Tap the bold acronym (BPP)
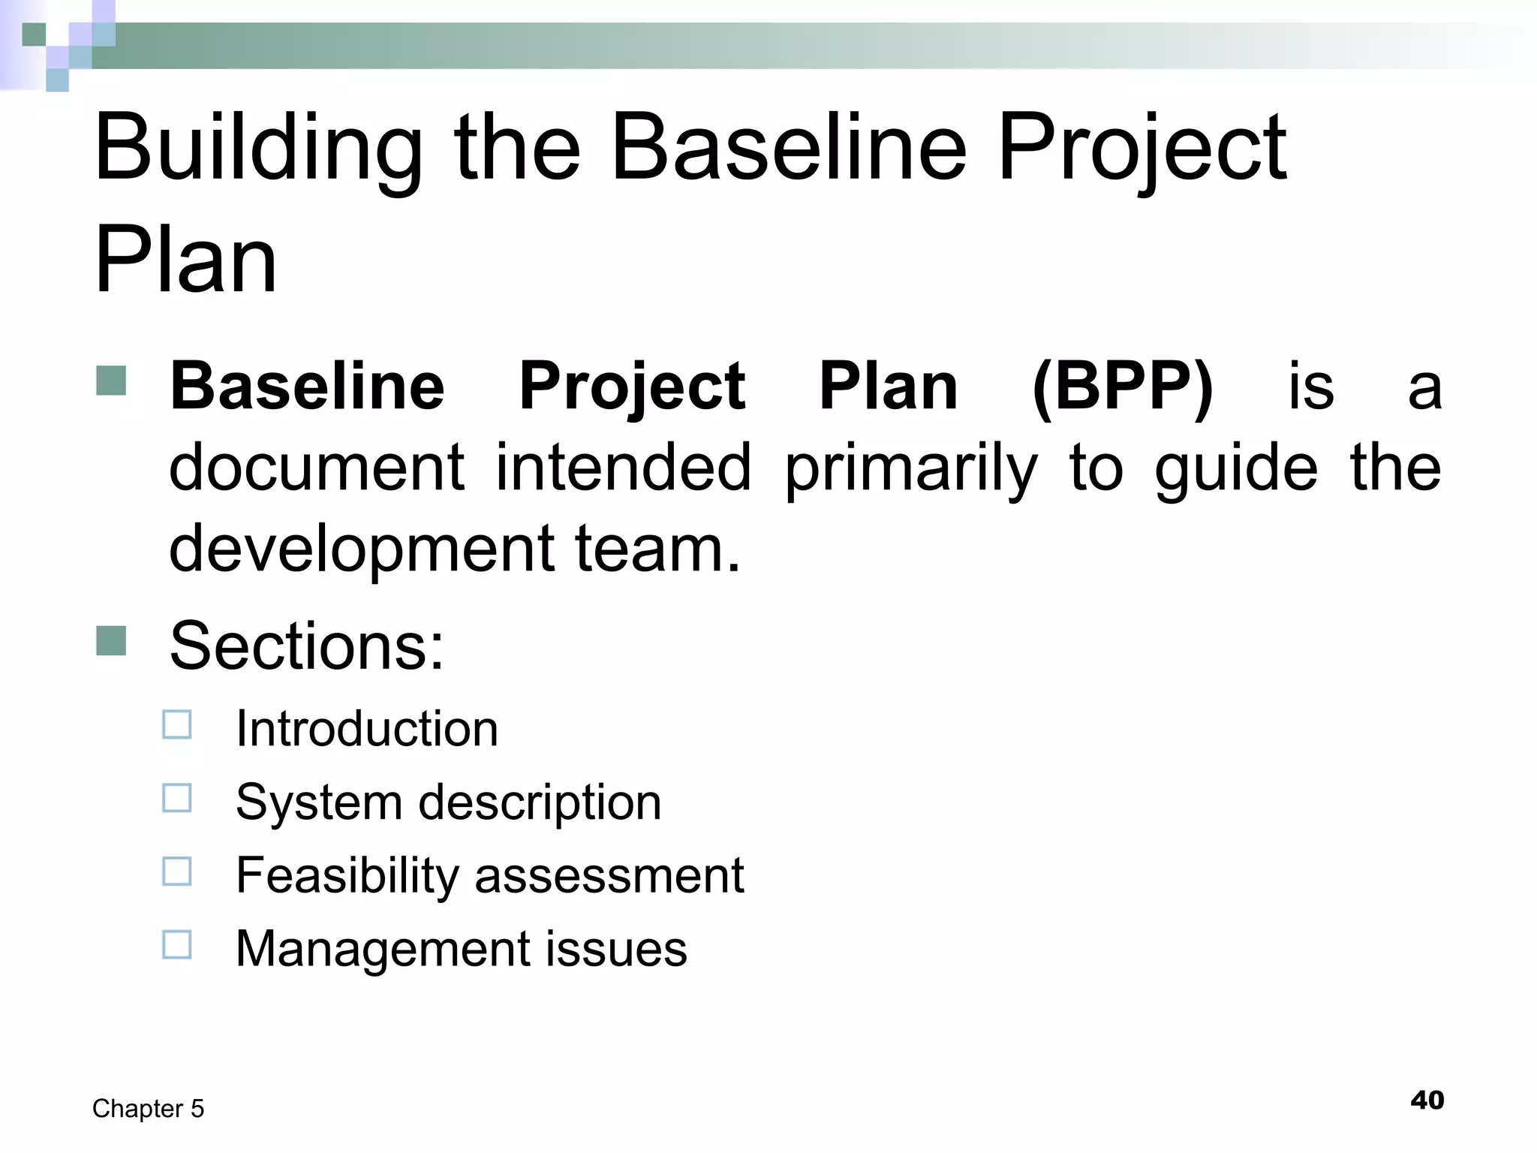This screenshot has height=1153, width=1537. point(1123,387)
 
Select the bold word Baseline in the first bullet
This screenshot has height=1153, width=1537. point(308,387)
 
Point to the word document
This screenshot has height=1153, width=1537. point(316,467)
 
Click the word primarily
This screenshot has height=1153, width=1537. point(911,468)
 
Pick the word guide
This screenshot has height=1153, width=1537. point(1235,468)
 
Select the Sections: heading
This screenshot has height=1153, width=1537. point(307,646)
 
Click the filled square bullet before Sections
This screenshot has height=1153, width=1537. point(111,640)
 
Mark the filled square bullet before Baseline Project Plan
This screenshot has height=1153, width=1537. point(111,381)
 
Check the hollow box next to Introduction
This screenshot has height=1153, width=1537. point(177,725)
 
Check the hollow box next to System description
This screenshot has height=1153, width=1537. point(177,798)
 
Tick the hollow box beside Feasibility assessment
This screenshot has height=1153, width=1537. point(177,872)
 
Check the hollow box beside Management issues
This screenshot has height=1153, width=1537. point(177,944)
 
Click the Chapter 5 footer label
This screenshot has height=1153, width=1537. point(148,1109)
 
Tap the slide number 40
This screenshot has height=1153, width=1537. point(1427,1100)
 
